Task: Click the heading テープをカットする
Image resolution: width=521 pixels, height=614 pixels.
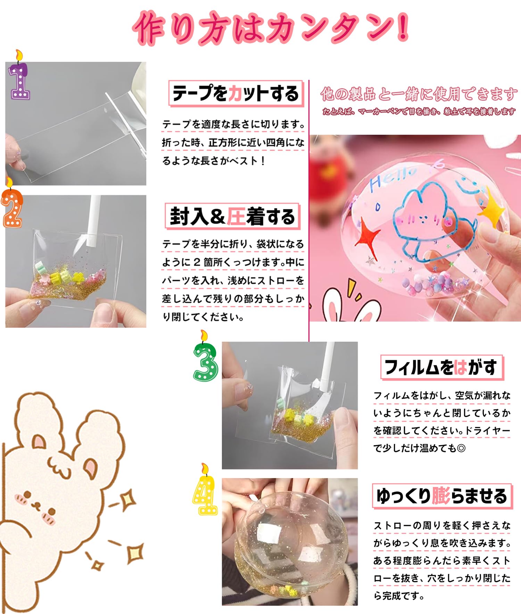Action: click(236, 93)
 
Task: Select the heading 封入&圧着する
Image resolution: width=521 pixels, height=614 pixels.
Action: click(232, 216)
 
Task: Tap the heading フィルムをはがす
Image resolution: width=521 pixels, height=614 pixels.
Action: click(441, 367)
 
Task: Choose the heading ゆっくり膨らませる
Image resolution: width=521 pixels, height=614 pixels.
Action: click(442, 496)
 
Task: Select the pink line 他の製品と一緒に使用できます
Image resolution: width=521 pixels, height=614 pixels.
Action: click(419, 94)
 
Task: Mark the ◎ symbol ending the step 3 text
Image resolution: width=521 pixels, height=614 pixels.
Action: click(461, 448)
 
